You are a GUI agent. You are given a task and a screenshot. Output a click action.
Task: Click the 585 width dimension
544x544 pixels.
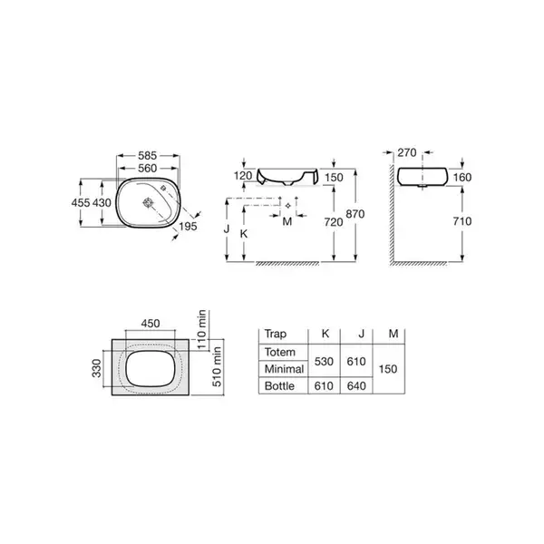click(148, 155)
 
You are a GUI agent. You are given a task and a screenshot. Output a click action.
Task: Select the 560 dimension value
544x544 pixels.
click(148, 169)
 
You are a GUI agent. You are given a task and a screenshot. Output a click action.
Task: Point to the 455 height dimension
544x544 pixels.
click(81, 202)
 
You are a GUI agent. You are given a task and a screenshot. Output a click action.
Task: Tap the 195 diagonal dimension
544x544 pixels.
click(188, 226)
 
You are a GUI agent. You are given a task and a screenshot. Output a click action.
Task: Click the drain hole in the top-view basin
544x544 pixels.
click(149, 202)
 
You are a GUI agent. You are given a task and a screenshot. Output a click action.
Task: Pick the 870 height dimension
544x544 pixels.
click(355, 214)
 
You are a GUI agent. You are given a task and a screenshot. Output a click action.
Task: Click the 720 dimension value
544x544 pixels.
click(334, 222)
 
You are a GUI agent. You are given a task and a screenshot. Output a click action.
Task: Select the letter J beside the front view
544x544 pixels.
click(227, 229)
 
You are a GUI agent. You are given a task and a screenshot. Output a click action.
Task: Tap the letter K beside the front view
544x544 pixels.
click(244, 234)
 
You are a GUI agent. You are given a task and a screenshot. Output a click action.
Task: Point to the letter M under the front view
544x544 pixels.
click(287, 221)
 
